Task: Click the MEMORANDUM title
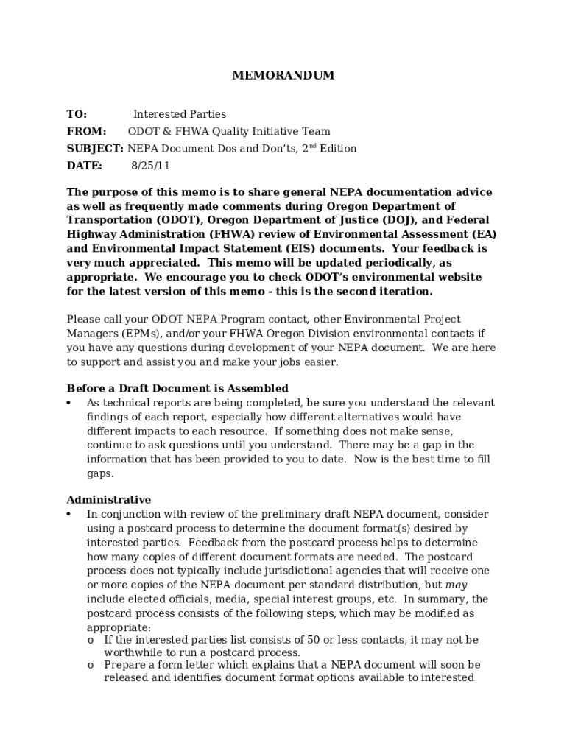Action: [x=283, y=75]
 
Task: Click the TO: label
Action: [x=77, y=114]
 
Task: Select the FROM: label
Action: [x=86, y=132]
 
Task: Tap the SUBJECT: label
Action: [x=95, y=149]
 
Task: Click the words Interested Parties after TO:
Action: [x=180, y=114]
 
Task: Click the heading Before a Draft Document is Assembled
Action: [x=177, y=388]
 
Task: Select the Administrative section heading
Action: [x=109, y=500]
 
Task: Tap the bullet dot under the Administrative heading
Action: [x=68, y=514]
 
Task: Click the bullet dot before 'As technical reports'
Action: [x=68, y=403]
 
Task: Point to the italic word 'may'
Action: [x=457, y=585]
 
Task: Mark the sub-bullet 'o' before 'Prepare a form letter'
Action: [x=90, y=665]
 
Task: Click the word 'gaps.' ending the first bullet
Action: [x=100, y=473]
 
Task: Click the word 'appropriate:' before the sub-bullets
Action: [x=119, y=627]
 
